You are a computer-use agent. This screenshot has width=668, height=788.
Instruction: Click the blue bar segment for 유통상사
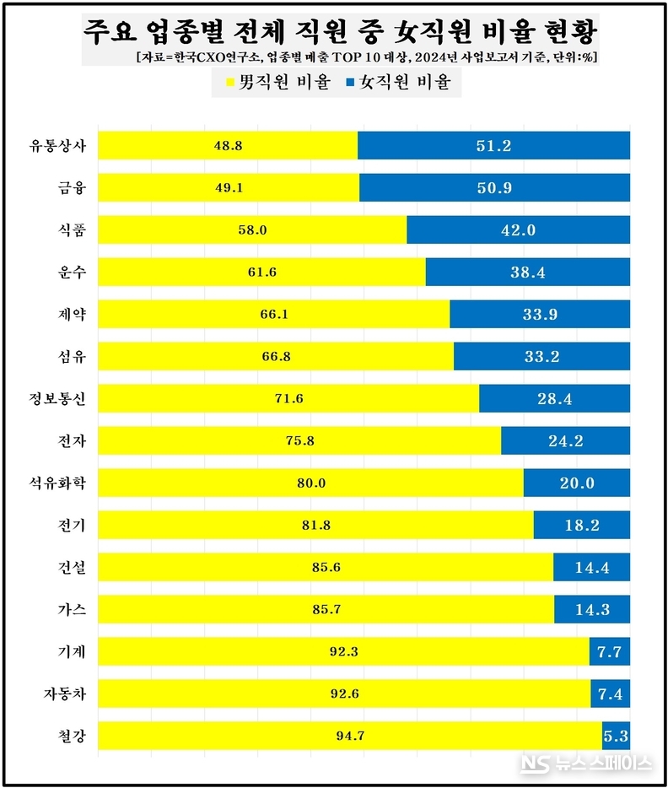click(x=493, y=145)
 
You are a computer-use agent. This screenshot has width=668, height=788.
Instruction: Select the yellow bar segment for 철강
click(x=350, y=736)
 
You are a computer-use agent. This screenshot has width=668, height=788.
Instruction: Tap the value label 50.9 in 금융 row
click(x=494, y=187)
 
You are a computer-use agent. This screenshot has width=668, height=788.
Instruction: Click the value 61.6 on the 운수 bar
click(x=261, y=272)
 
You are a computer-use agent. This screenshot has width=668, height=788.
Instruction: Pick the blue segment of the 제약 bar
click(x=540, y=314)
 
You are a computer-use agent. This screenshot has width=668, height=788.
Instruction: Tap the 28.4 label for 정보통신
click(x=554, y=398)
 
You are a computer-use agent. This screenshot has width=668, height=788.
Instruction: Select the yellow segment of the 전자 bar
click(x=299, y=440)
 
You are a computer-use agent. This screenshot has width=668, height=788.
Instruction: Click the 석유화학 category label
click(x=62, y=483)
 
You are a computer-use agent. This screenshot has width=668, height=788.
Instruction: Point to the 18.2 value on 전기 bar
click(x=582, y=525)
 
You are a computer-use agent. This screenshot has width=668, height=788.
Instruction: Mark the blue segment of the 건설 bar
click(x=591, y=567)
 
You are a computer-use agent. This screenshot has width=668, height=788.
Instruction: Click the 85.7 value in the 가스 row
click(x=326, y=609)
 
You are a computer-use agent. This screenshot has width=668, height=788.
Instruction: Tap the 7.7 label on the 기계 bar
click(x=609, y=651)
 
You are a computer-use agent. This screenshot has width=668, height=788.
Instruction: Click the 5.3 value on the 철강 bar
click(x=616, y=736)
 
